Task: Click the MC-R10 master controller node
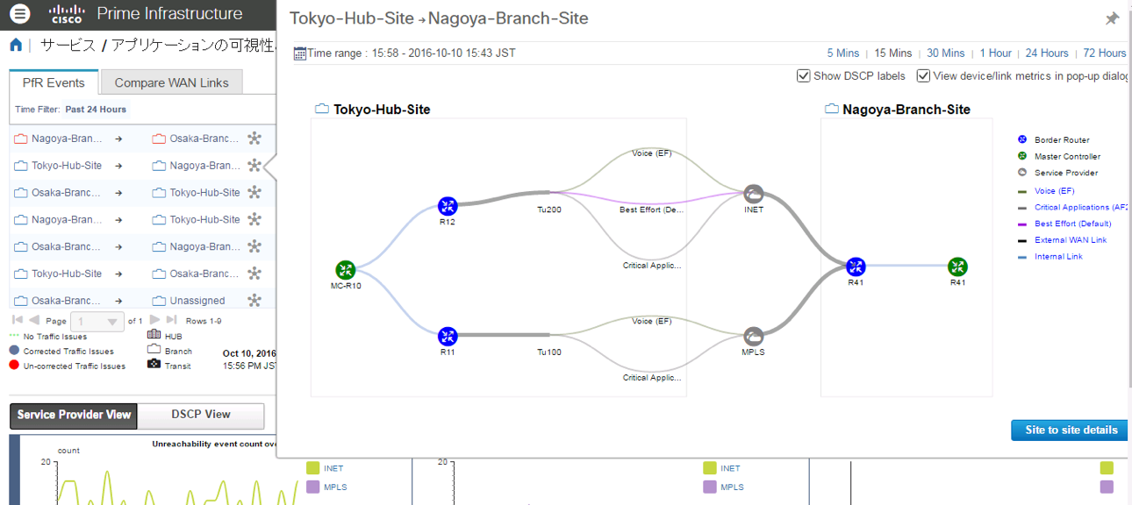[x=345, y=270]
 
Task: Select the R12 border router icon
[x=448, y=206]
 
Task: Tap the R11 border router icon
[x=448, y=336]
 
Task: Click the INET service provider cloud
[x=753, y=194]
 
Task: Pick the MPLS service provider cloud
[x=753, y=337]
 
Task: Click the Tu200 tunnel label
[x=549, y=210]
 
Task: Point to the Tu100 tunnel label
[x=549, y=352]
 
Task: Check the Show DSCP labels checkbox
[x=803, y=76]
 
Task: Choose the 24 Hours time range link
[x=1047, y=53]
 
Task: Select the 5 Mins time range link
[x=842, y=53]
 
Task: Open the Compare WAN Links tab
[x=171, y=82]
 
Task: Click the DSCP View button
[x=201, y=415]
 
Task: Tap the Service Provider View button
[x=74, y=415]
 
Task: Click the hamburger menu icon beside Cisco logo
[x=19, y=14]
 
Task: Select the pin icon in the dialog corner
[x=1112, y=18]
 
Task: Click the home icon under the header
[x=16, y=46]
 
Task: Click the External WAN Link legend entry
[x=1071, y=240]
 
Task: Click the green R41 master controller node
[x=957, y=267]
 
